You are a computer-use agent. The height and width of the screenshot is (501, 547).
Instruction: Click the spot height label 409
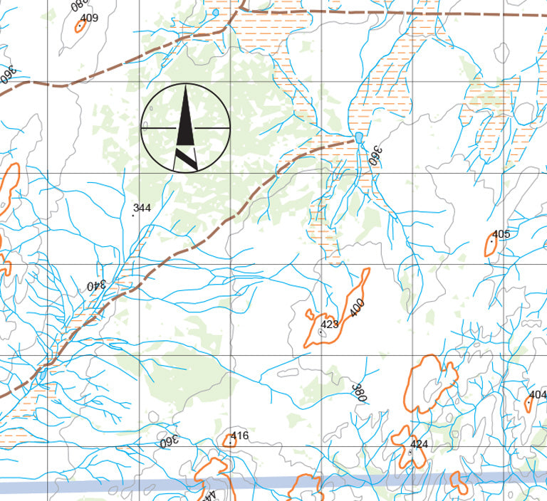[90, 18]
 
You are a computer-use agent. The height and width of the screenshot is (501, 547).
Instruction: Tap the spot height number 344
[142, 208]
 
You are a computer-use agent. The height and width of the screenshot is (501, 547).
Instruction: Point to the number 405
[501, 234]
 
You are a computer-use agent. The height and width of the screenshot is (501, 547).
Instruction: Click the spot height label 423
[330, 325]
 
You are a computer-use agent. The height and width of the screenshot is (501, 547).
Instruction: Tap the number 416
[240, 436]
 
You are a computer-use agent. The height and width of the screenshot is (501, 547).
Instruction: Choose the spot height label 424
[420, 444]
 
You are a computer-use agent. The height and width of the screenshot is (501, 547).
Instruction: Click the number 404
[538, 394]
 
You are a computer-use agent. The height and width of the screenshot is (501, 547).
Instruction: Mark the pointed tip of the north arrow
[186, 86]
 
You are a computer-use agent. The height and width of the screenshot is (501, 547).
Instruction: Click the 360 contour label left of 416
[168, 441]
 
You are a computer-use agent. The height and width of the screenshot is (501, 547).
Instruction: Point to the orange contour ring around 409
[80, 25]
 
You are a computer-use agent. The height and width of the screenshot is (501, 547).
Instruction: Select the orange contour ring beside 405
[490, 244]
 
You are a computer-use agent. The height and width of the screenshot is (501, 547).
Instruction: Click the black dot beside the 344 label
[134, 215]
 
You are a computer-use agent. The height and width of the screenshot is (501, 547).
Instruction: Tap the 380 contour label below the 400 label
[359, 393]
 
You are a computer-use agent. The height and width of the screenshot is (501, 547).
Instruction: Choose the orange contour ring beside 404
[528, 404]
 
